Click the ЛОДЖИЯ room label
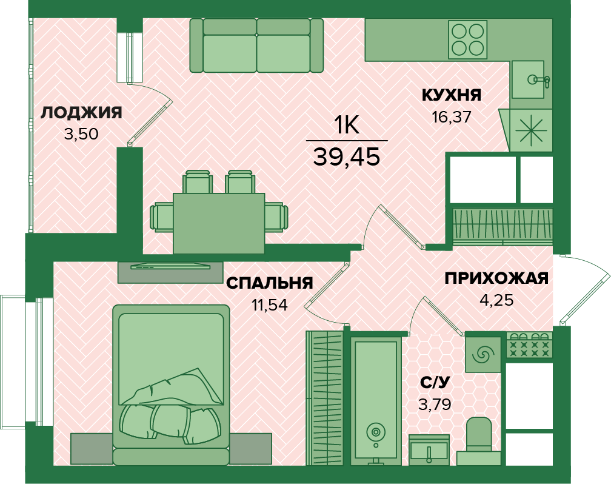81,112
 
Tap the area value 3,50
81,134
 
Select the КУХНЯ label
451,95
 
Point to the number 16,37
451,116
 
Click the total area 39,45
347,156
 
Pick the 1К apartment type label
347,126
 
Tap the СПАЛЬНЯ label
269,283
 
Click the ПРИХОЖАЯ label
496,278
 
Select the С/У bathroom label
436,383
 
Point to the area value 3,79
436,403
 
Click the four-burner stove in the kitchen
468,39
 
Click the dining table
219,223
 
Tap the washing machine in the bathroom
483,354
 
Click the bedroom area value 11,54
269,304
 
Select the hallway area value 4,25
496,300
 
